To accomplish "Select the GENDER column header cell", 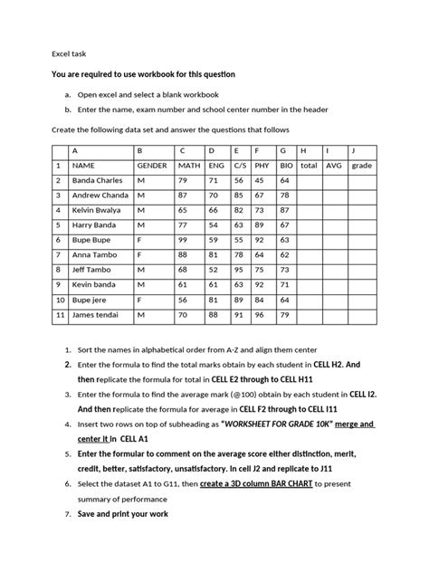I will coord(152,167).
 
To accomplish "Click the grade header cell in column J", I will coord(362,167).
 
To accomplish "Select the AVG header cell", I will coord(334,167).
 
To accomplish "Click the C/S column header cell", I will coord(239,167).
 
